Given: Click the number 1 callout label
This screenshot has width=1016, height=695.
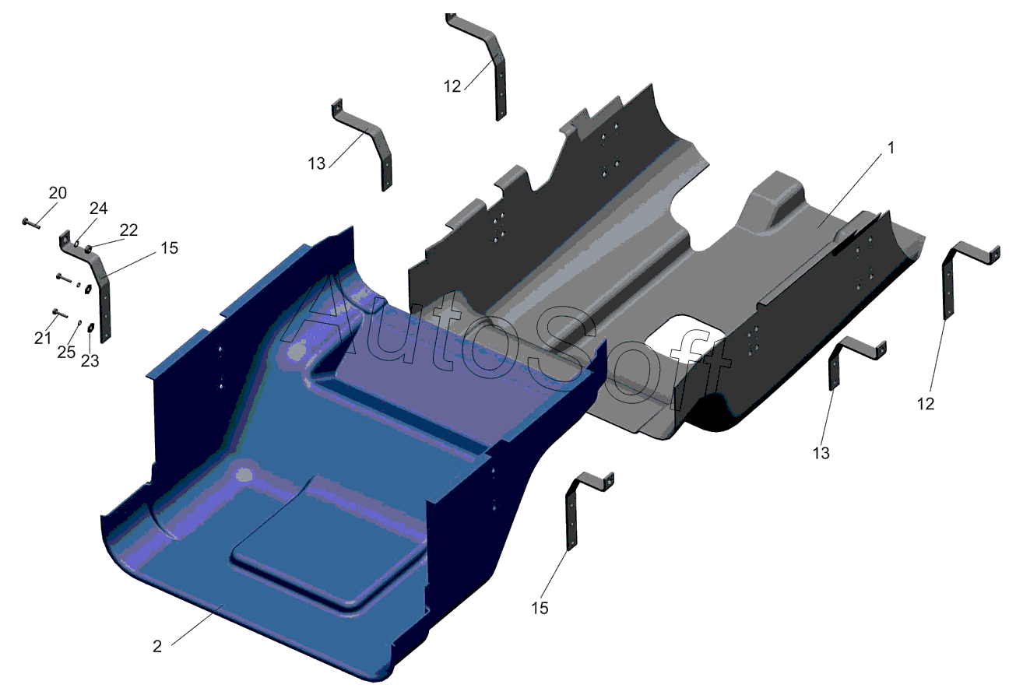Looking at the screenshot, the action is pos(891,148).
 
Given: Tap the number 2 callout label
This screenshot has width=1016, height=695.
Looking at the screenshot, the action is pos(157,647).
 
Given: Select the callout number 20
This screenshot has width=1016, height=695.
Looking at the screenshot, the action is pos(58,193).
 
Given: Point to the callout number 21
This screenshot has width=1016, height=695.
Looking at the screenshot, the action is pos(42,338).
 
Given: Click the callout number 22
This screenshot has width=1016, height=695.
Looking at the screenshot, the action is pos(128,230).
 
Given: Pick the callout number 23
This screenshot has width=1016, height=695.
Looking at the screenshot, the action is pos(90,361).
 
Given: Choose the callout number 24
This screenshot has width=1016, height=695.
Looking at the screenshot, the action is pos(98,209).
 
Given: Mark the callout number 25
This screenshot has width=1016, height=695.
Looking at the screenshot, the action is pos(66,352).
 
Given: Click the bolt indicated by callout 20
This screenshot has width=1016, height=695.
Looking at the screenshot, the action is pos(31,223).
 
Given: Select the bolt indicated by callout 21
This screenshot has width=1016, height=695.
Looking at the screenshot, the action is pos(60,313).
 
